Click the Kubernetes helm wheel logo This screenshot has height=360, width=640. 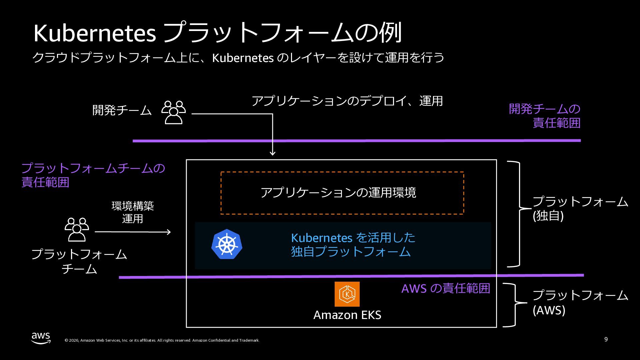click(x=227, y=244)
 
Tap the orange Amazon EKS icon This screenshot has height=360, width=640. click(x=347, y=294)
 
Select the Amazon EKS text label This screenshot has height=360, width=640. click(x=347, y=315)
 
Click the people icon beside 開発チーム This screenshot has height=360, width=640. click(x=173, y=112)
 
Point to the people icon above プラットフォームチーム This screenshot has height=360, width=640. click(x=77, y=229)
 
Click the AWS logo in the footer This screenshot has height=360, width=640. click(x=41, y=338)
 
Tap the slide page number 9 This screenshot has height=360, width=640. click(x=606, y=339)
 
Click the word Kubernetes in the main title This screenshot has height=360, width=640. click(x=95, y=33)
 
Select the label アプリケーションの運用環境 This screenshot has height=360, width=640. click(x=338, y=193)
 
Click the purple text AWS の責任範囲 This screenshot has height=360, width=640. click(x=445, y=288)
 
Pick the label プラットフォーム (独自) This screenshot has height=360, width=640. click(x=580, y=209)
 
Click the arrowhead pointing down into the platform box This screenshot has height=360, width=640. click(x=272, y=153)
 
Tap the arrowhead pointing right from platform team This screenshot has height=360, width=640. click(x=169, y=232)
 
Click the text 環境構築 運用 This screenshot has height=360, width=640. click(x=133, y=212)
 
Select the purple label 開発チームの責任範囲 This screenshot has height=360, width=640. click(x=545, y=116)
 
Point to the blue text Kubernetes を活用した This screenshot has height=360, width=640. click(x=353, y=238)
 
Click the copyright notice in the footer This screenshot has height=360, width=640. click(x=162, y=340)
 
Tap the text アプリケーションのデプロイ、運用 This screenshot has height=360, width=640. click(x=347, y=101)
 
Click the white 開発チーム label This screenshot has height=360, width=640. click(x=122, y=110)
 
